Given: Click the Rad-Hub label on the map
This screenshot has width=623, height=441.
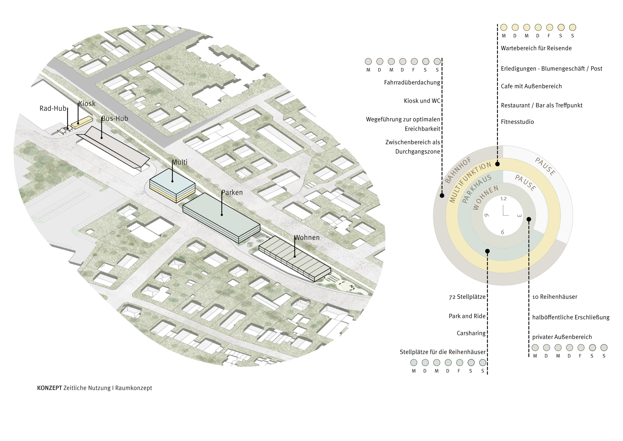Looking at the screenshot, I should click(x=53, y=108).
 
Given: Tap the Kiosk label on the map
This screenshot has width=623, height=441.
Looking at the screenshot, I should click(x=87, y=104).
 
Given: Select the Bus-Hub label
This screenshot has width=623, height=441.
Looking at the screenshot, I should click(x=115, y=118).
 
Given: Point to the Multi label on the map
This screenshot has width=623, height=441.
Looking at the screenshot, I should click(x=180, y=162).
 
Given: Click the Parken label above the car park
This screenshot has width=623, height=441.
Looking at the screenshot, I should click(x=232, y=193).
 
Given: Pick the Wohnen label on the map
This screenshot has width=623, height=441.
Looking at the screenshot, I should click(x=307, y=238).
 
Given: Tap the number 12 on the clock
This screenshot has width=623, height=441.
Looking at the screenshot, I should click(x=503, y=199).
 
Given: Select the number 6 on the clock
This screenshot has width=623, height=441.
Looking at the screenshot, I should click(x=503, y=232).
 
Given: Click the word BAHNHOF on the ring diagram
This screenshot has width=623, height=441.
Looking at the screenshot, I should click(x=458, y=170).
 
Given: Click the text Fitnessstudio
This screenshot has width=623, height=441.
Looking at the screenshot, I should click(x=517, y=122).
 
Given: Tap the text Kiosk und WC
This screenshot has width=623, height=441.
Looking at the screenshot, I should click(x=422, y=101).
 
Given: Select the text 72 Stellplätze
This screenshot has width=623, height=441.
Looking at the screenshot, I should click(x=467, y=297).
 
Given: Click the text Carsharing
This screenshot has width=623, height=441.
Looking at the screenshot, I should click(x=471, y=333).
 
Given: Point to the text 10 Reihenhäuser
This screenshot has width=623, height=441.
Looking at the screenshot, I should click(x=555, y=297).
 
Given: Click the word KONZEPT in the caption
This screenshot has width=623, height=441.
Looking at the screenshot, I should click(x=49, y=388).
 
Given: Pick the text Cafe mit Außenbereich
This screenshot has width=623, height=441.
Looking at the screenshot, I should click(x=531, y=86).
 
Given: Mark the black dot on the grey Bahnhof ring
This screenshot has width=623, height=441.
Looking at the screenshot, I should click(x=442, y=195).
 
